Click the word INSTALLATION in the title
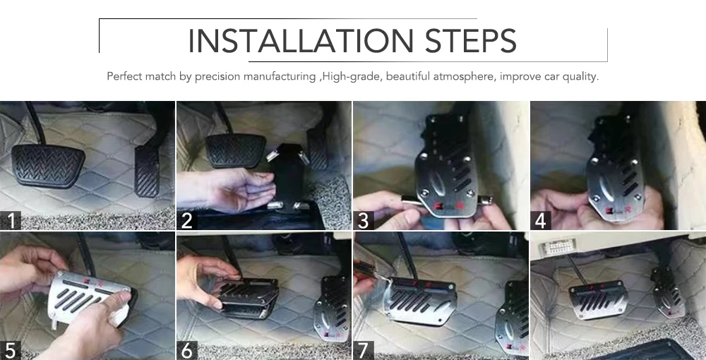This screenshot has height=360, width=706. (x=300, y=41)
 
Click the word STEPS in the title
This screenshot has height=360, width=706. (x=470, y=41)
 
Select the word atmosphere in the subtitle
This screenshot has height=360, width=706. (x=464, y=76)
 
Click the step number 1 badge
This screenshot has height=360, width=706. (x=11, y=220)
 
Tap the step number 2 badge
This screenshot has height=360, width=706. (x=187, y=220)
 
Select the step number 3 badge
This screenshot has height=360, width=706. (x=364, y=220)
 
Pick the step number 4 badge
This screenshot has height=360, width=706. (x=541, y=220)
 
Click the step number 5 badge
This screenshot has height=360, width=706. (x=11, y=350)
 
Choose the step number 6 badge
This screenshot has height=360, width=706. (x=187, y=350)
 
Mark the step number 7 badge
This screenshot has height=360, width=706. (x=364, y=350)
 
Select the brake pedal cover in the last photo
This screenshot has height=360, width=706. (x=599, y=300)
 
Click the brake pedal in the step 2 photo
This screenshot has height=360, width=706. (x=236, y=151)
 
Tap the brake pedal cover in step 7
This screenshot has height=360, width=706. (x=420, y=301)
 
